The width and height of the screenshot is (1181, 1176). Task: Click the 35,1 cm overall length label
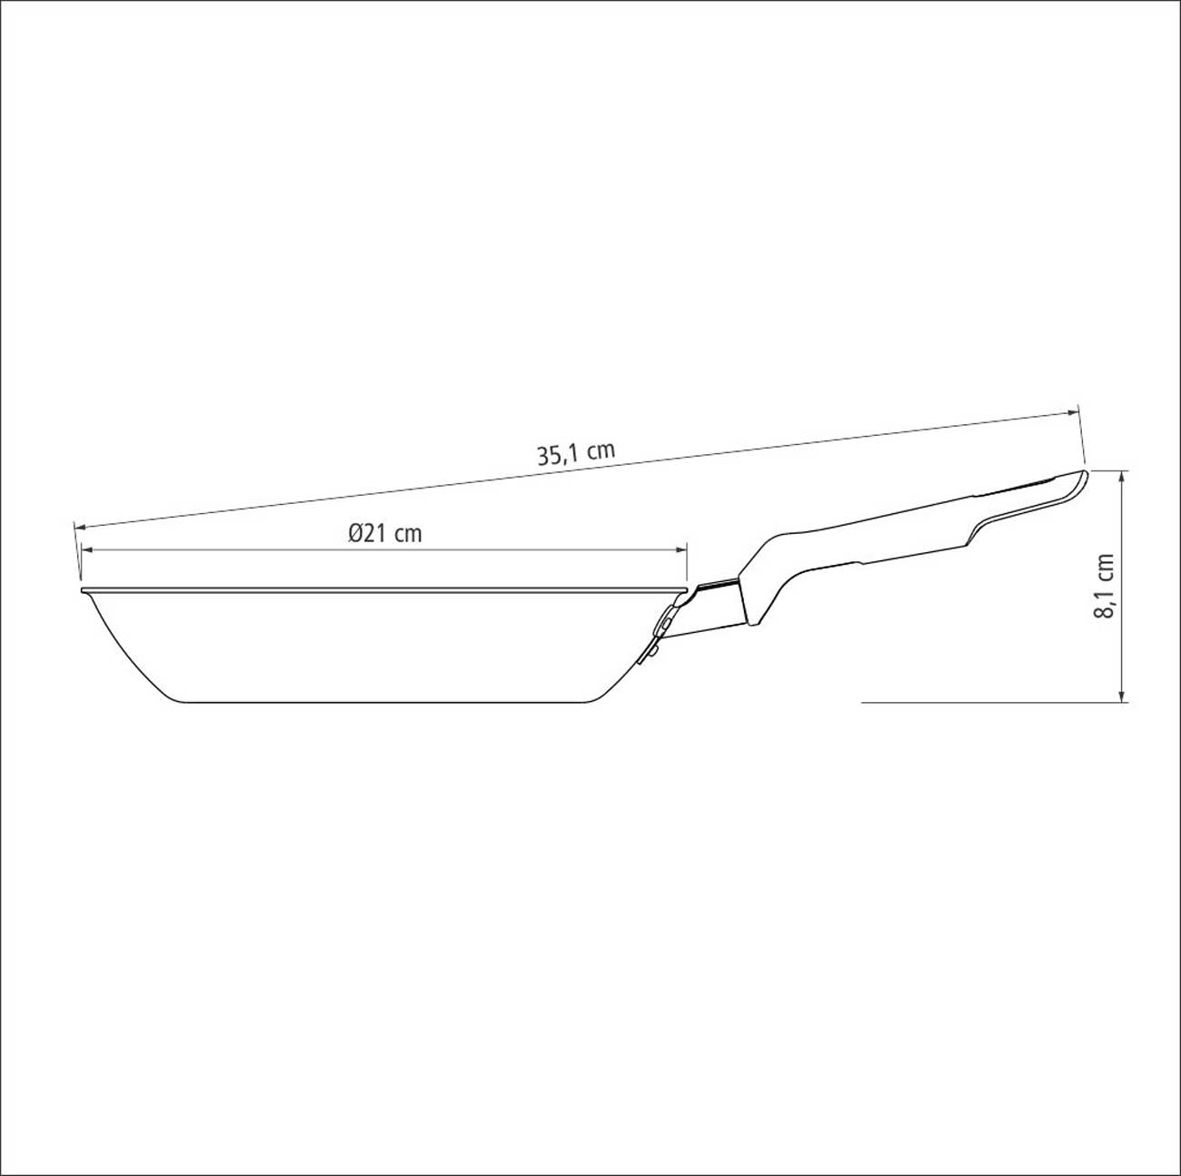click(576, 454)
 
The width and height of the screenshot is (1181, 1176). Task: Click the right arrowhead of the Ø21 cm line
click(681, 550)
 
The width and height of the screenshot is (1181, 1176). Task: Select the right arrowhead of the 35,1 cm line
click(1072, 413)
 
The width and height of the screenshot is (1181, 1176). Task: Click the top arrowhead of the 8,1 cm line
click(1122, 476)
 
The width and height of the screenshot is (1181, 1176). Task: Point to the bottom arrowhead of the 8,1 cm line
click(1122, 695)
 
